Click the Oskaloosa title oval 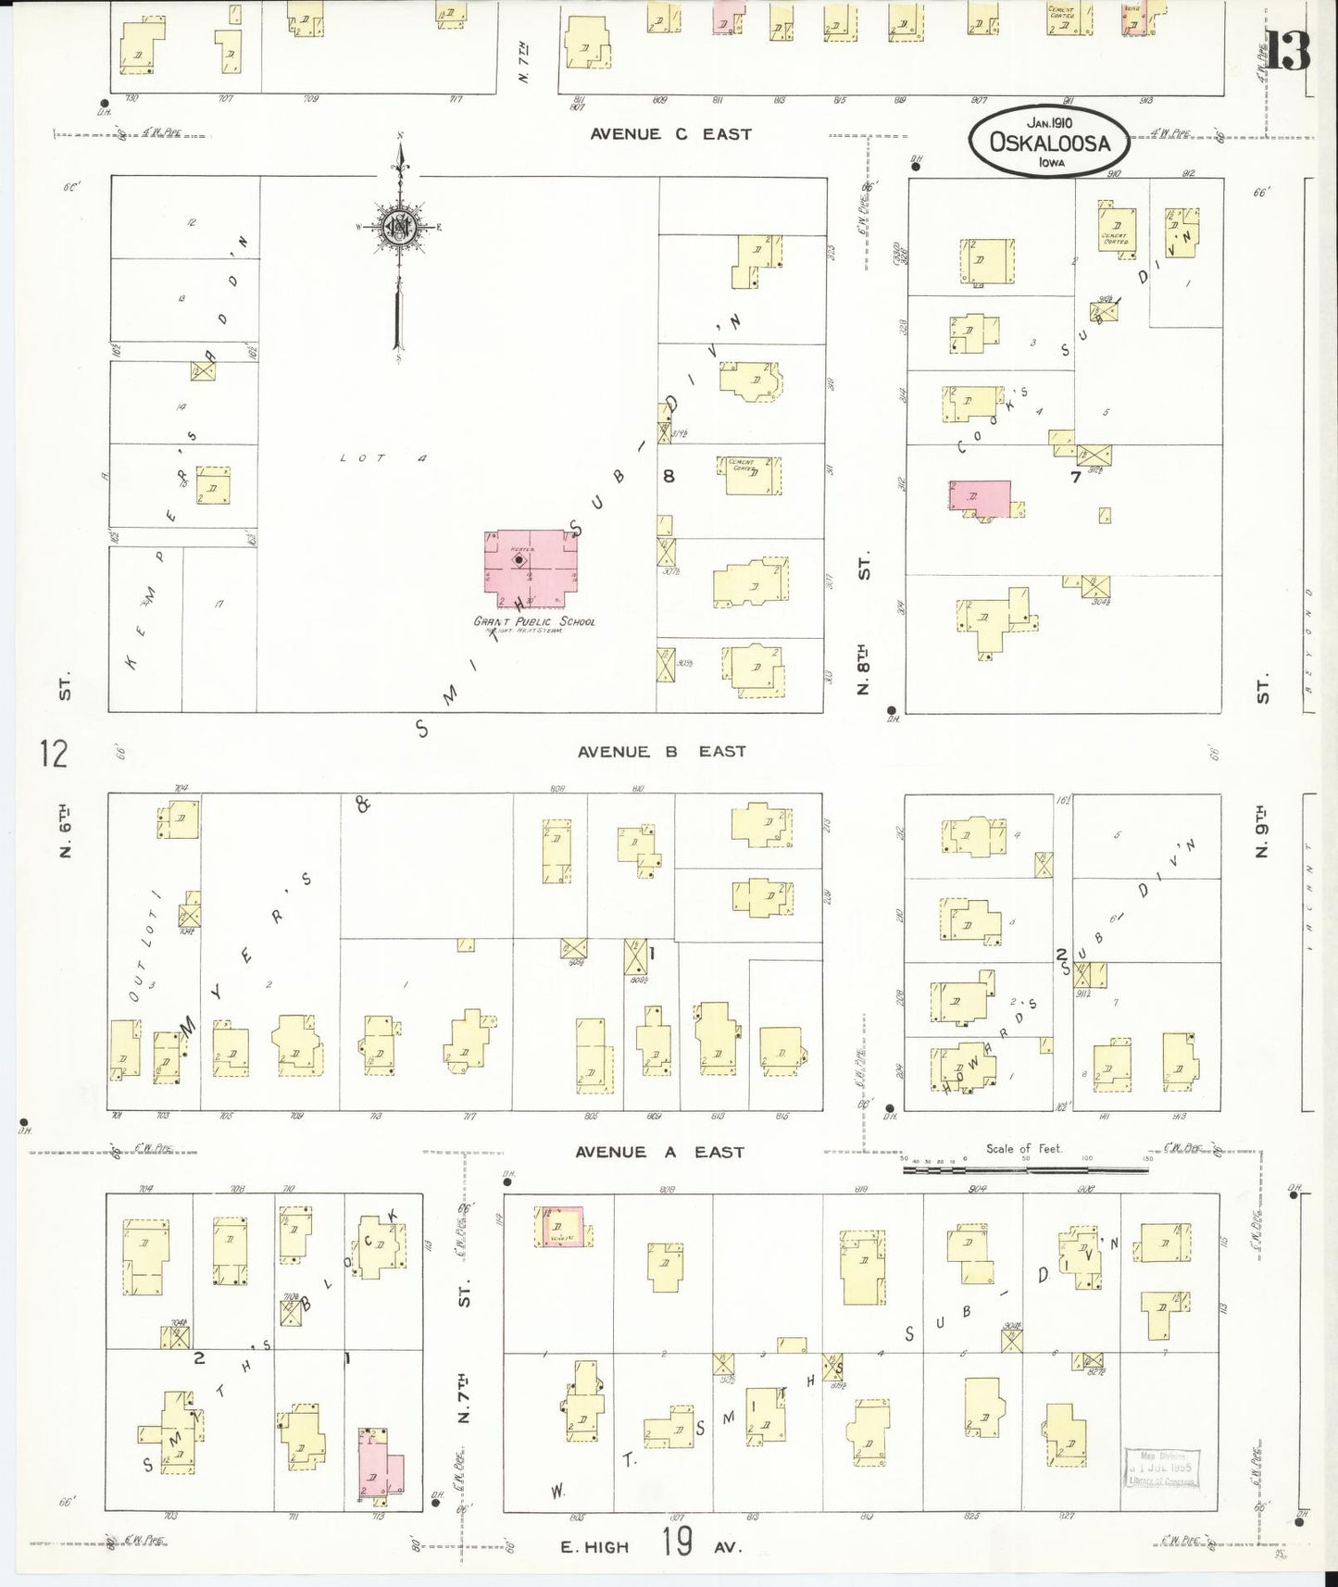[1050, 141]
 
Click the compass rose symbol [399, 227]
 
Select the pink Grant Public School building [530, 563]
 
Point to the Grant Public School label [534, 621]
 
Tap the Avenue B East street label [661, 752]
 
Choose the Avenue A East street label [659, 1152]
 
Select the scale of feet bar [1025, 1169]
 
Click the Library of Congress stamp [1161, 1469]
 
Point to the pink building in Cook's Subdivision [980, 497]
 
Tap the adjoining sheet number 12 [54, 754]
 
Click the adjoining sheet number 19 [677, 1543]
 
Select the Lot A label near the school [381, 457]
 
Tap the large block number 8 [668, 476]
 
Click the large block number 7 [1075, 478]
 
